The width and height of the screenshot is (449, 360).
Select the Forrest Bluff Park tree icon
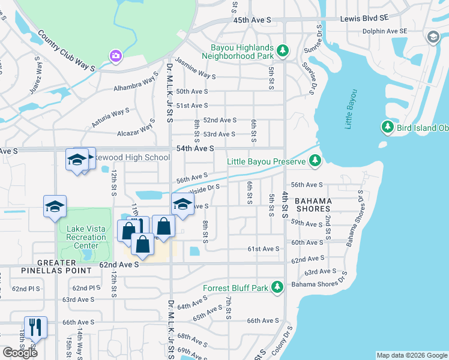277,288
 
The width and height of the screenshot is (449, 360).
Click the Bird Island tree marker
387,127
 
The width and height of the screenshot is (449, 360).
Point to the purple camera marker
116,56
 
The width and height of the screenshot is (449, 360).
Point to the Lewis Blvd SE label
364,19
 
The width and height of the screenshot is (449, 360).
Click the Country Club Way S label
66,50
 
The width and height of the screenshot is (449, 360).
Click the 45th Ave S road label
252,20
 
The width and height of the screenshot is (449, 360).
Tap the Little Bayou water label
351,109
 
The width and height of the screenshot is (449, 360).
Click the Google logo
20,352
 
